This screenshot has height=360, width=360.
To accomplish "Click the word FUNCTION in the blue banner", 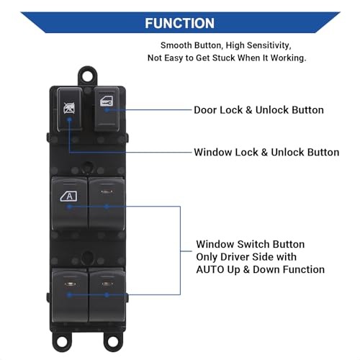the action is (x=179, y=23).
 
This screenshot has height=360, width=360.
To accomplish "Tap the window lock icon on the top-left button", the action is (x=69, y=108).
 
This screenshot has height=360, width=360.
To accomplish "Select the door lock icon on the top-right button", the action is (x=107, y=101).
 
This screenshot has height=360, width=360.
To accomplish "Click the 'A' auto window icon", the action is (x=69, y=197).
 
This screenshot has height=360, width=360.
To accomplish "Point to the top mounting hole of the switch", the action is (x=87, y=76).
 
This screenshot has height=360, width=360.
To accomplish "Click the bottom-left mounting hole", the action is (x=62, y=340).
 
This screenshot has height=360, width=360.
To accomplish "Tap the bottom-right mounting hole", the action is (x=113, y=341).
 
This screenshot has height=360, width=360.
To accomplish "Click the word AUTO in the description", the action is (x=210, y=269).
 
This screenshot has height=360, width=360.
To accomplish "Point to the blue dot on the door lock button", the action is (x=107, y=109).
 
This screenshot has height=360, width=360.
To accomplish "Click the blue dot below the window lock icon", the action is (x=69, y=119).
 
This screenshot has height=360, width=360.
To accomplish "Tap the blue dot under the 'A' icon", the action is (x=69, y=207).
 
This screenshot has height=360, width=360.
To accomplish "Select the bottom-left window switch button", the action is (x=70, y=295).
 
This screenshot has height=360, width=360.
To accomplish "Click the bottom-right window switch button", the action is (x=107, y=295).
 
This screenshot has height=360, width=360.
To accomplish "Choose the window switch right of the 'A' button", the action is (x=107, y=204).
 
